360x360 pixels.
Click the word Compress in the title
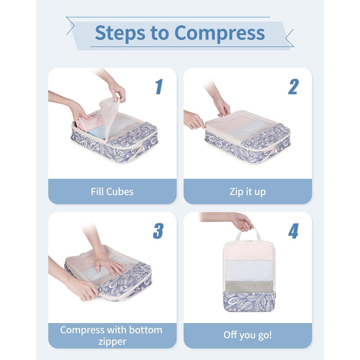point(220,33)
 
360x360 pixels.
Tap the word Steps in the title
point(120,33)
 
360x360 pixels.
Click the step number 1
point(159,86)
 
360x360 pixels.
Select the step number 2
point(294,86)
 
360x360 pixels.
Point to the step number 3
point(158,231)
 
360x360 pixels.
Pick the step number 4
point(294,231)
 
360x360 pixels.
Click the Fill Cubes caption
point(112,192)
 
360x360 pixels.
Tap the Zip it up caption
point(248,192)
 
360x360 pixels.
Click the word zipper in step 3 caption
point(113,341)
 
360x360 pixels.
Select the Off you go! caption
point(248,335)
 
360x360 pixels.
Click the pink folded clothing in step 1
point(89,122)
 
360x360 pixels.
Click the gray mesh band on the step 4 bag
point(249,286)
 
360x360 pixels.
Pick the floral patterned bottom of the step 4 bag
point(249,302)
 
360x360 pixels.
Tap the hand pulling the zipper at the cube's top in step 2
point(222,107)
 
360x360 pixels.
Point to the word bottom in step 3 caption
point(146,330)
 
